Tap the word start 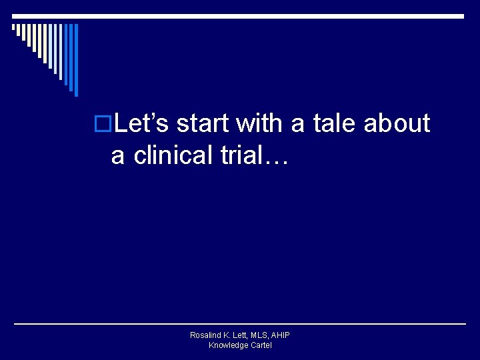(x=203, y=123)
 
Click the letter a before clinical (x=118, y=157)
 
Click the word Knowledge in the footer (x=227, y=345)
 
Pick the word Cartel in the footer (x=260, y=345)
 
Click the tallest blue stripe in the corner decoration (x=76, y=59)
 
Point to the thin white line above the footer (x=240, y=324)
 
